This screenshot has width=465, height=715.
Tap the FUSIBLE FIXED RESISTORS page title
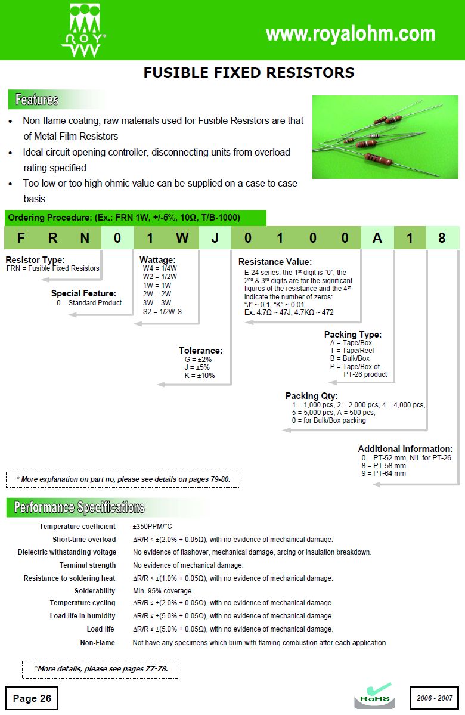pos(249,73)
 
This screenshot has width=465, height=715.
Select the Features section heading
pos(37,100)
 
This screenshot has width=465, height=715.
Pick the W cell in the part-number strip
pos(182,238)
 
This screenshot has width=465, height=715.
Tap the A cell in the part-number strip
pos(377,238)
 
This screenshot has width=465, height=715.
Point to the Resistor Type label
pos(35,260)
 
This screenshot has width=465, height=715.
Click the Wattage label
pos(157,260)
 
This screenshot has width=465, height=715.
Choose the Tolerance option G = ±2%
pos(198,360)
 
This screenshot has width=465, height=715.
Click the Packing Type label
pos(352,335)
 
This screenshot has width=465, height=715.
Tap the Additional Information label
pos(405,449)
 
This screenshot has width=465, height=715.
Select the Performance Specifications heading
pos(79,507)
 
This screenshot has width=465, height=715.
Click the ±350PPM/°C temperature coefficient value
pos(152,527)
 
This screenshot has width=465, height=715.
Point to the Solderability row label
pos(95,590)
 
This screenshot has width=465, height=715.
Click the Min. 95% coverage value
pos(162,590)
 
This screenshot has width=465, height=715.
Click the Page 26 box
pos(32,698)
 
